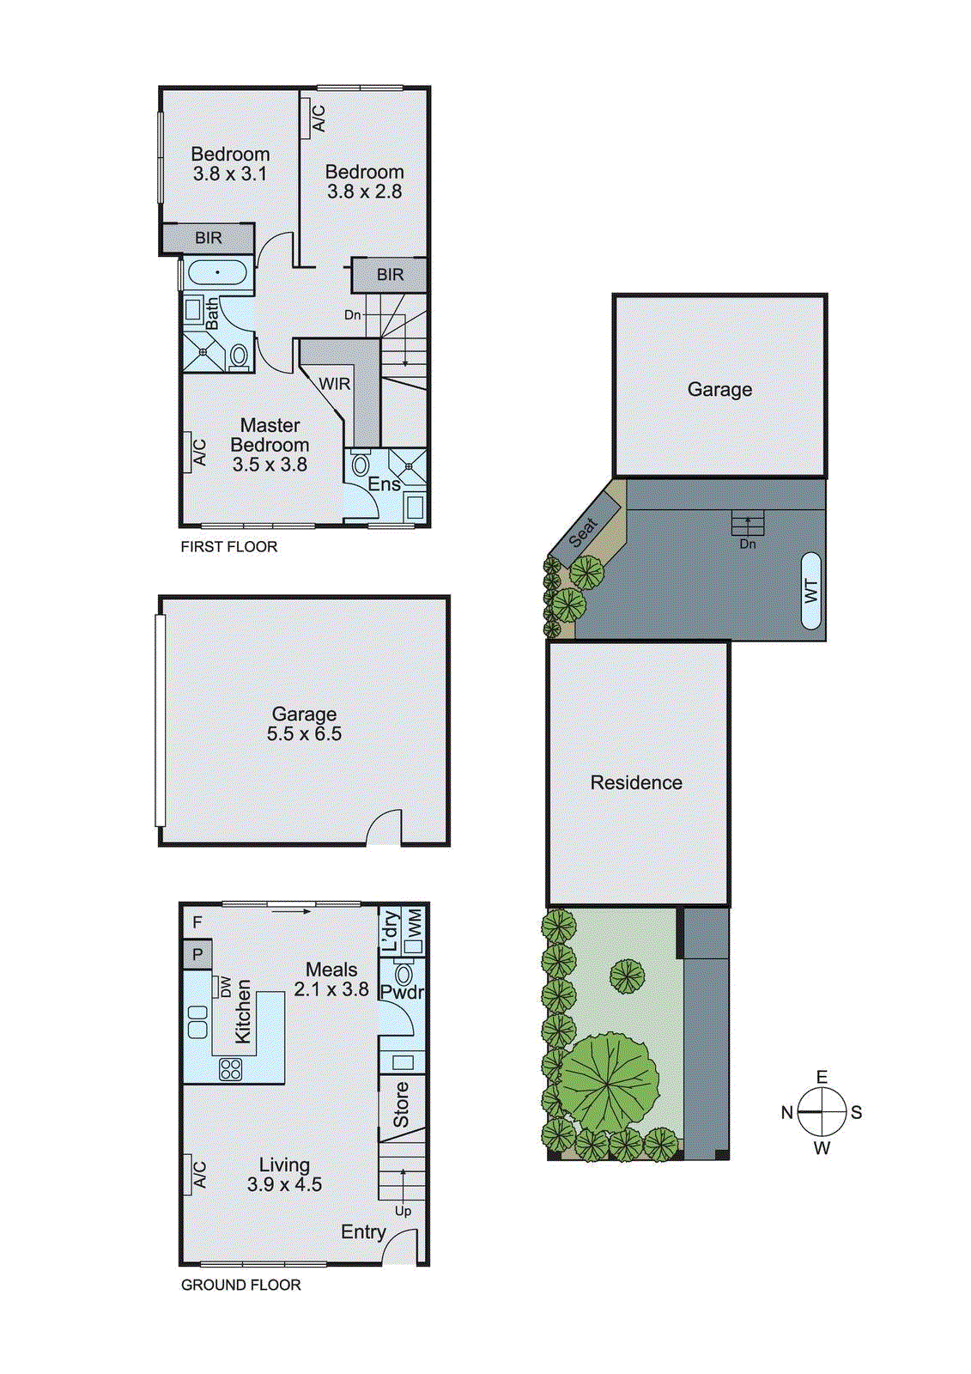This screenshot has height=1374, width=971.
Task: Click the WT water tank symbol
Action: (810, 591)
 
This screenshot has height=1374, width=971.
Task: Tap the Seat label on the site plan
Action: (584, 532)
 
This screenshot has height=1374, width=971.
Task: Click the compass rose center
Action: (822, 1112)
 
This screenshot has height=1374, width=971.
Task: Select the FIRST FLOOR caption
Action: (229, 547)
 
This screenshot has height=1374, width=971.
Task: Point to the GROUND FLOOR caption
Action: (240, 1285)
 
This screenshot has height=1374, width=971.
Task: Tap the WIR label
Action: (334, 384)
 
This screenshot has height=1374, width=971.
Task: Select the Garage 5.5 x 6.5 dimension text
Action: (304, 734)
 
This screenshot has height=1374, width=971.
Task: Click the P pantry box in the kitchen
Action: (197, 954)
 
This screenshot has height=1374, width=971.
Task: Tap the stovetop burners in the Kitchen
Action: (230, 1069)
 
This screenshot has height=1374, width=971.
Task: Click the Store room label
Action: (401, 1104)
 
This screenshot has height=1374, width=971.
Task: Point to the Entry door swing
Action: (402, 1247)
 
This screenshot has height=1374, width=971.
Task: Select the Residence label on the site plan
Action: (636, 782)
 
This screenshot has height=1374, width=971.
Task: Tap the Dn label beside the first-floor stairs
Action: (352, 315)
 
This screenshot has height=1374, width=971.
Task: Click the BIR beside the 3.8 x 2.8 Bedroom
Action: (390, 275)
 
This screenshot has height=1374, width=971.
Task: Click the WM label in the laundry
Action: (416, 924)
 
